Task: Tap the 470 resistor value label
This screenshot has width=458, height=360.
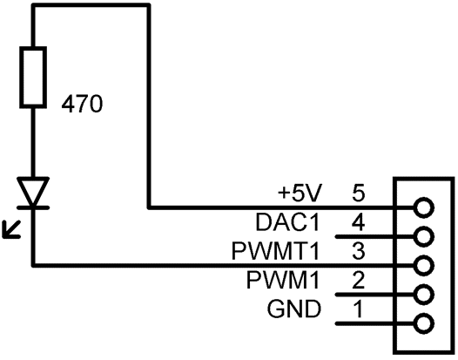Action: click(x=82, y=105)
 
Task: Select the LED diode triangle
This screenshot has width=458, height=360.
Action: click(x=33, y=191)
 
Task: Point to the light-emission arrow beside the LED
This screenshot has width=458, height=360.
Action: click(x=11, y=229)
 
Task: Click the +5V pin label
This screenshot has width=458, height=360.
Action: click(x=300, y=194)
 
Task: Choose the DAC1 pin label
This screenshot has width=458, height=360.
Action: click(x=288, y=222)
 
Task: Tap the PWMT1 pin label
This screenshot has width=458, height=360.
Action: click(x=276, y=251)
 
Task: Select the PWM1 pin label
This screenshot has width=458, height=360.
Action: click(x=283, y=280)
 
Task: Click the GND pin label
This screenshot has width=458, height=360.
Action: click(x=293, y=309)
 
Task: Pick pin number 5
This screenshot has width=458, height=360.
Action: click(x=359, y=194)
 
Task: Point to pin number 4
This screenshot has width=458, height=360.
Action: click(x=358, y=222)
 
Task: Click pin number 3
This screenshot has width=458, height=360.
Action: click(x=359, y=251)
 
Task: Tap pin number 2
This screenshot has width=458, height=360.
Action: click(x=359, y=280)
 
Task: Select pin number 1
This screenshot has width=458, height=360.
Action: click(x=359, y=309)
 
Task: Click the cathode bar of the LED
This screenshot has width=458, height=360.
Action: click(x=33, y=207)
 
